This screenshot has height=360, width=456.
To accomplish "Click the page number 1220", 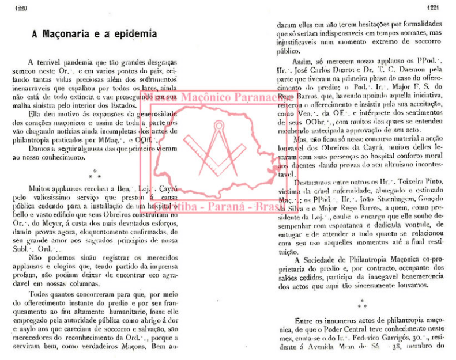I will (x=12, y=7).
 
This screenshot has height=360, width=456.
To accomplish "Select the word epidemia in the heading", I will (x=134, y=35).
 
